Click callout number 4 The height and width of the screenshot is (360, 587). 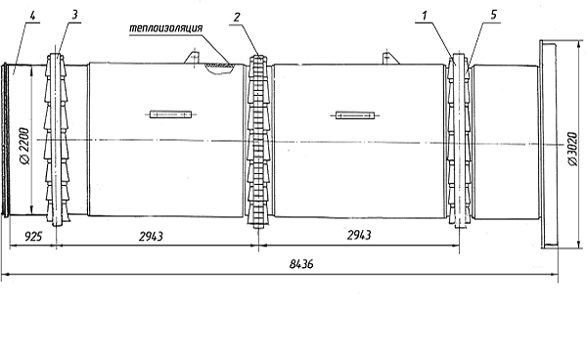[33, 16]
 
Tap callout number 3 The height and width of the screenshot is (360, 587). [74, 15]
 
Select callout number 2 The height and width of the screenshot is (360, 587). [237, 18]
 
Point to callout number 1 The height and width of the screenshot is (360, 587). [425, 16]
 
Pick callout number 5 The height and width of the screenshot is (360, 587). [493, 15]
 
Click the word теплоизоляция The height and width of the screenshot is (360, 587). [166, 28]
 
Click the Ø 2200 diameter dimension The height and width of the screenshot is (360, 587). [24, 146]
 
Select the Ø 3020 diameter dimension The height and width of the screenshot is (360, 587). [572, 148]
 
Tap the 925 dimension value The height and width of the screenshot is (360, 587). [33, 237]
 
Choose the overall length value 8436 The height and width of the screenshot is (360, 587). [301, 264]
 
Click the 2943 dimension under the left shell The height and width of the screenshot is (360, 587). [151, 236]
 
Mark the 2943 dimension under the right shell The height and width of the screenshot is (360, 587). [359, 235]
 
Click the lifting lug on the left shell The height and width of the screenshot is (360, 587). [193, 57]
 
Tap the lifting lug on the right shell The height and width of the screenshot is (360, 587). [389, 58]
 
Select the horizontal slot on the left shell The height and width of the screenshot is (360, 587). [170, 114]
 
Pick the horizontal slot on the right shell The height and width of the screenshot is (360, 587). [355, 115]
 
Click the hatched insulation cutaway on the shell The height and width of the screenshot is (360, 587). [220, 67]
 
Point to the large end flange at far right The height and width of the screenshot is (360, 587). [548, 144]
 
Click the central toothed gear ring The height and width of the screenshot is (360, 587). [258, 142]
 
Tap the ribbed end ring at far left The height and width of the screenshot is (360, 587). [5, 140]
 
